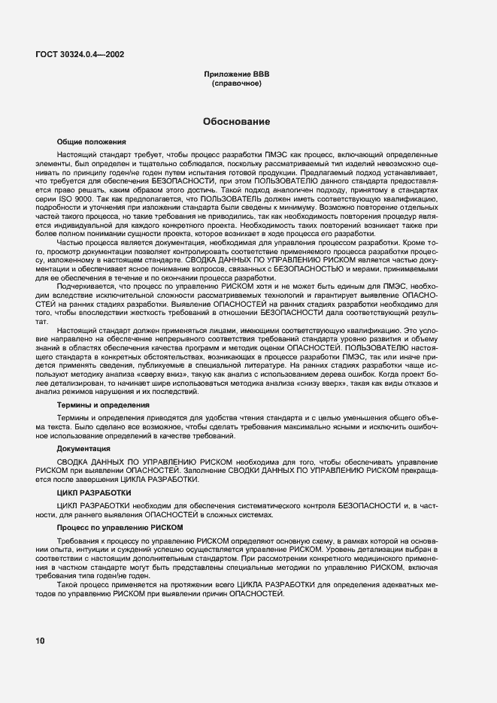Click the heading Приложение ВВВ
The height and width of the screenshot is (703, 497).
click(236, 75)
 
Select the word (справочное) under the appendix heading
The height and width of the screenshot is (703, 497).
click(236, 84)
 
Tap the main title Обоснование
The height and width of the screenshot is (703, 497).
click(236, 121)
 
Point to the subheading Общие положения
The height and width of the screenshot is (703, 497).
click(91, 141)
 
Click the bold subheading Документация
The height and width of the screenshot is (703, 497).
click(83, 448)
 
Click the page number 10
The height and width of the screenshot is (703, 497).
click(39, 641)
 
